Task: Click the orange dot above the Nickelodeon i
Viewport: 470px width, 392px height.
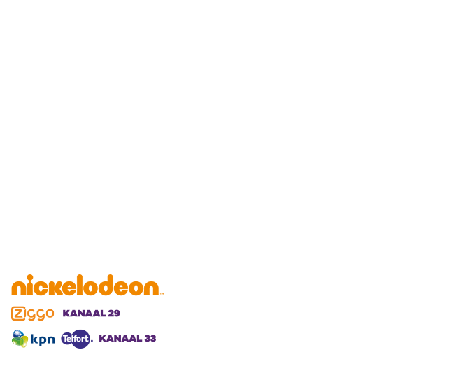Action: [x=30, y=277]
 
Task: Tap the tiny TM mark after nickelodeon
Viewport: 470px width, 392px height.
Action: [x=162, y=293]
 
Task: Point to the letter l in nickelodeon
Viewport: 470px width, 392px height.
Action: [x=79, y=285]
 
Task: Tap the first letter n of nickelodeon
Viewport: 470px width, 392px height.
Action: [x=19, y=288]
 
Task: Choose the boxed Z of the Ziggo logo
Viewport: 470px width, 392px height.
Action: [x=18, y=314]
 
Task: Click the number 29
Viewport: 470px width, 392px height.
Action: [x=114, y=314]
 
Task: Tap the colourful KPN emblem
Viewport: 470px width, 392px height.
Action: [x=20, y=339]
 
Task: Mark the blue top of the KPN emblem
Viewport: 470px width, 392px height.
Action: [x=19, y=334]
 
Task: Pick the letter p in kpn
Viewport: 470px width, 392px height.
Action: [x=43, y=340]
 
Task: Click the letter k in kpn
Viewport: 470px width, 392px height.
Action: [x=34, y=339]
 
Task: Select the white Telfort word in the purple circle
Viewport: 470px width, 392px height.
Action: [x=76, y=339]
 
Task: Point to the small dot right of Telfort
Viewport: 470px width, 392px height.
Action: [x=92, y=341]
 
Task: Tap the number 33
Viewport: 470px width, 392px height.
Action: [x=150, y=339]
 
